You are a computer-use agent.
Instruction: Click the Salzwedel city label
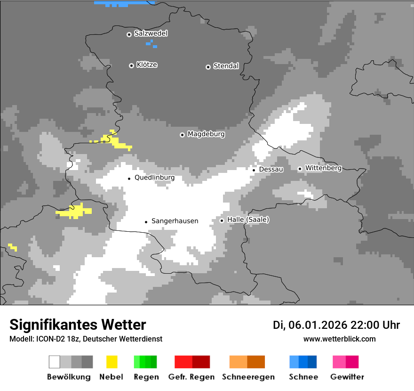(x=151, y=33)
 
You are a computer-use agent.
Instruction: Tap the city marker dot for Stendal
(x=208, y=67)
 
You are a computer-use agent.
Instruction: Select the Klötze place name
(x=147, y=65)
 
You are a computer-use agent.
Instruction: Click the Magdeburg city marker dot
(x=182, y=135)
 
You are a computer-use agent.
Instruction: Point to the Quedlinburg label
(x=154, y=178)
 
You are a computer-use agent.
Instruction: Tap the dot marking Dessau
(x=254, y=170)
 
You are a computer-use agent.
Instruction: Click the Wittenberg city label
(x=323, y=168)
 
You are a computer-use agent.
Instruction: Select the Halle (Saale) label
(x=248, y=220)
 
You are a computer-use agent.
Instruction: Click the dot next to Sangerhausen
(x=146, y=222)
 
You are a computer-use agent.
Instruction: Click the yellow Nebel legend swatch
(x=111, y=362)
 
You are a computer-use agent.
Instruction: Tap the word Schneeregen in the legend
(x=248, y=377)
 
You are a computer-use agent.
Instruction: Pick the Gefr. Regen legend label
(x=191, y=377)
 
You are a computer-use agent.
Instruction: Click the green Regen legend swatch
(x=145, y=362)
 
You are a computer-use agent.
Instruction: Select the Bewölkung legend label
(x=69, y=377)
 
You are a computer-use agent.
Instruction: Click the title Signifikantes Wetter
(x=78, y=325)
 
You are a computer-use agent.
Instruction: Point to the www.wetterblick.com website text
(x=339, y=339)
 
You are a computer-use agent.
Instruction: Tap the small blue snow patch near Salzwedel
(x=151, y=43)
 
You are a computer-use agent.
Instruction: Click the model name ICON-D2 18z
(x=56, y=339)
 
